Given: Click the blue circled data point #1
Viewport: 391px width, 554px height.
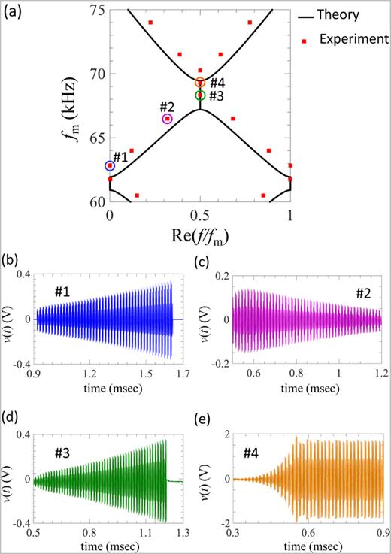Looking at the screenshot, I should tap(110, 165).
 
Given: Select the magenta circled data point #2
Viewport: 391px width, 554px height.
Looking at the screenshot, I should tap(167, 118).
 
